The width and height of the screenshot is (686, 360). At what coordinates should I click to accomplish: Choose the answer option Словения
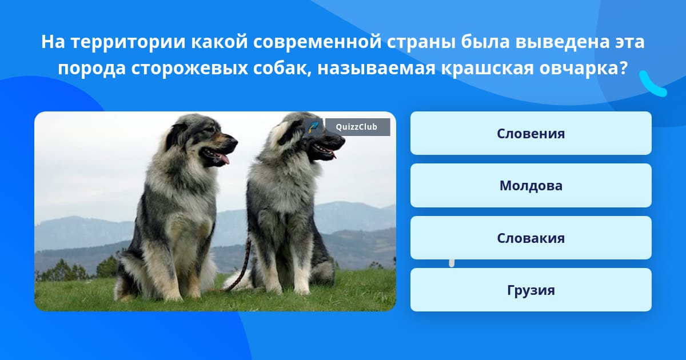pyautogui.click(x=531, y=133)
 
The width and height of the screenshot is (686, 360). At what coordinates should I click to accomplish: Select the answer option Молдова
pyautogui.click(x=531, y=186)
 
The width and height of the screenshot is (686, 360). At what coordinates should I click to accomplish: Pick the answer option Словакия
pyautogui.click(x=531, y=238)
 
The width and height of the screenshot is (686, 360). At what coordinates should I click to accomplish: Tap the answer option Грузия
pyautogui.click(x=531, y=290)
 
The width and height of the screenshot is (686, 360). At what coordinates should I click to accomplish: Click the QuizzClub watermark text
pyautogui.click(x=357, y=127)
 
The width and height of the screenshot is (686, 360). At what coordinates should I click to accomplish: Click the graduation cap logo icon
pyautogui.click(x=314, y=127)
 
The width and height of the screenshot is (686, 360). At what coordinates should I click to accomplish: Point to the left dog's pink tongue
pyautogui.click(x=225, y=159)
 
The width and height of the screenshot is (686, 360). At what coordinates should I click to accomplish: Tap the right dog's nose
pyautogui.click(x=340, y=140)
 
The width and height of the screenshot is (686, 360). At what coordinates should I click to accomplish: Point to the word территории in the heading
pyautogui.click(x=128, y=42)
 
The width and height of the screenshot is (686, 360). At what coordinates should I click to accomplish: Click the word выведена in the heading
pyautogui.click(x=563, y=42)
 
